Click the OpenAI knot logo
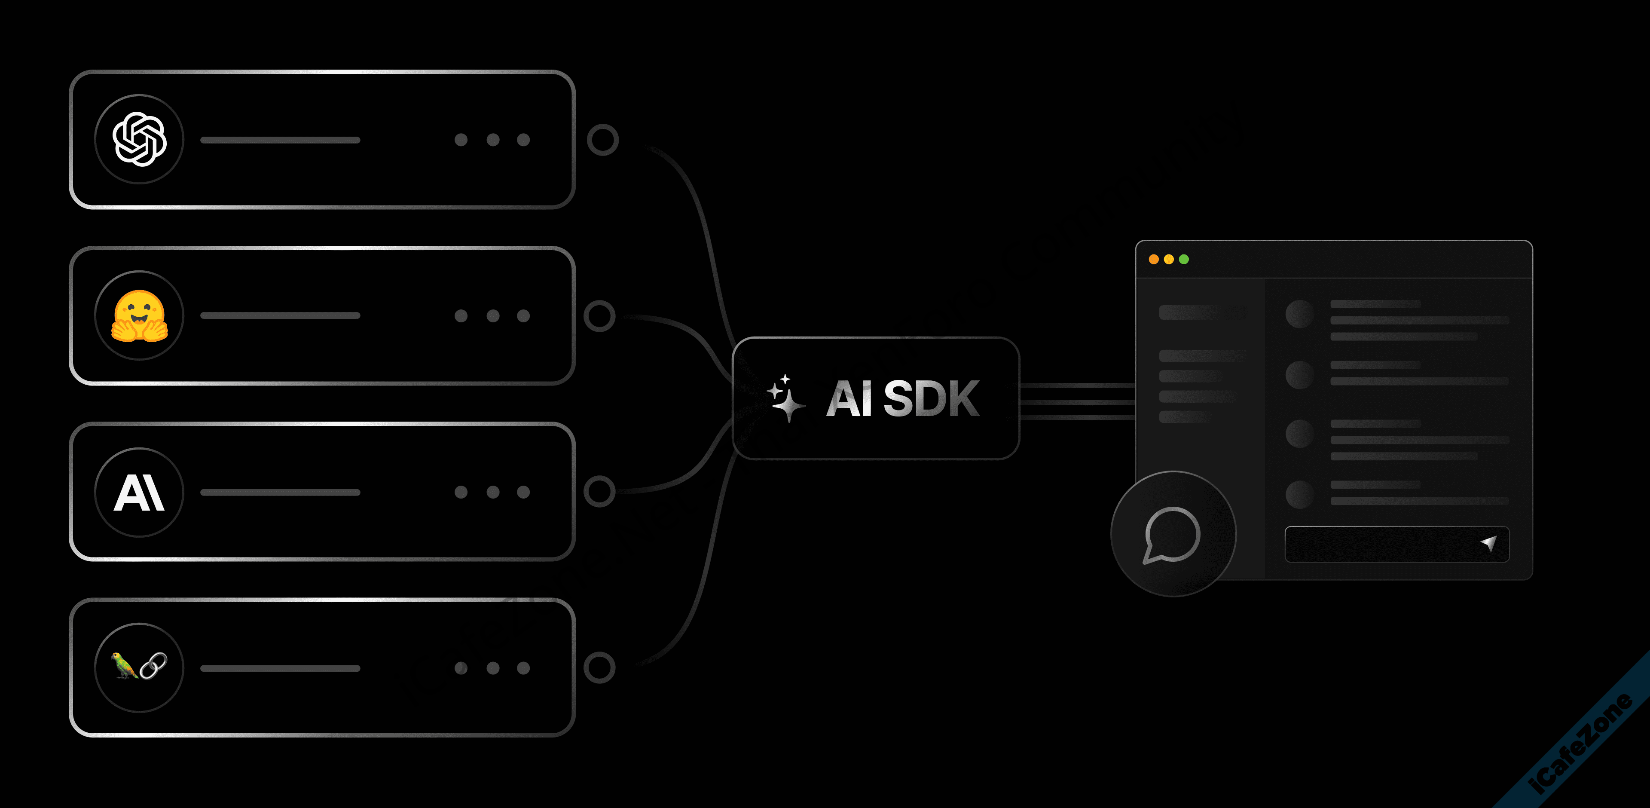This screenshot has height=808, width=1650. (140, 139)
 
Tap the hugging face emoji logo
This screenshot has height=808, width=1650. (140, 316)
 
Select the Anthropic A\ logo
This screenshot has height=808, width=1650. (139, 492)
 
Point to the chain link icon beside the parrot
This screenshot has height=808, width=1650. (154, 666)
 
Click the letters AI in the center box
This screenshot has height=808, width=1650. (849, 398)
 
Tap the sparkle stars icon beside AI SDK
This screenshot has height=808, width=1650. (786, 398)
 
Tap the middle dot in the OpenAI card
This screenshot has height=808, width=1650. (492, 140)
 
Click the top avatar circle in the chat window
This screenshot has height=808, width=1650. (1300, 314)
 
